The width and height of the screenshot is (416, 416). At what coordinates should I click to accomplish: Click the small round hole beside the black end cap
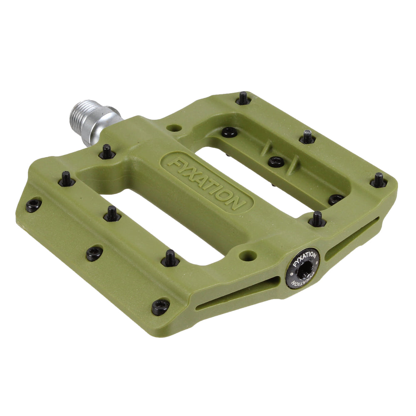click(x=248, y=255)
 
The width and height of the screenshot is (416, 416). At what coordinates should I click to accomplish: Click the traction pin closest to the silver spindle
click(x=107, y=152)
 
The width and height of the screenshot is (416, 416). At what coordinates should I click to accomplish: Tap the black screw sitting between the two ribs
click(x=276, y=162)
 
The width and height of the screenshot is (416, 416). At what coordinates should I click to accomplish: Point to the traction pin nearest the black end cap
click(x=317, y=219)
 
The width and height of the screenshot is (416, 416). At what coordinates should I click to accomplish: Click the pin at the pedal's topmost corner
click(x=243, y=98)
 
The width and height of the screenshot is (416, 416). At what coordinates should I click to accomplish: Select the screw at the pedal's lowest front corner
click(x=160, y=307)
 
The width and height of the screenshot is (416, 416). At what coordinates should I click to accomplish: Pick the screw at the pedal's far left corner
click(x=33, y=205)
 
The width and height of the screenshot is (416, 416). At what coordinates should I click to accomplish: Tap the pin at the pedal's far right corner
click(x=379, y=180)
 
